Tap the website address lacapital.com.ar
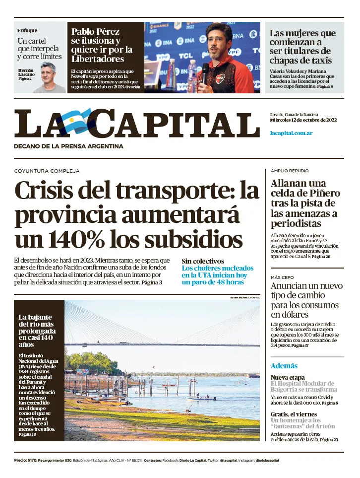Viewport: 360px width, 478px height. click(x=291, y=133)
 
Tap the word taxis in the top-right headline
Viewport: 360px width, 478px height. click(x=315, y=60)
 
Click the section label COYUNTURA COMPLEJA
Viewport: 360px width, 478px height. click(x=47, y=171)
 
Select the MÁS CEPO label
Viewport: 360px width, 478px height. click(x=282, y=277)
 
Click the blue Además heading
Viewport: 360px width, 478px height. click(x=284, y=366)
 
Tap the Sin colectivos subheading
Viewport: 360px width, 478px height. click(x=202, y=261)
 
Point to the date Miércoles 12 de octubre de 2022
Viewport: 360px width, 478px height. click(x=303, y=120)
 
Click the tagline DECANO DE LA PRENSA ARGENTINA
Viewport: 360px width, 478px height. click(x=68, y=146)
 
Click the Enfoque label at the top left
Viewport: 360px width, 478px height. click(x=27, y=30)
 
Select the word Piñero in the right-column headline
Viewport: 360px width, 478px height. click(x=322, y=193)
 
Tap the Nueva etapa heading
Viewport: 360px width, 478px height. click(x=288, y=377)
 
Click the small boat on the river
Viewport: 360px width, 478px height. click(x=201, y=398)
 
